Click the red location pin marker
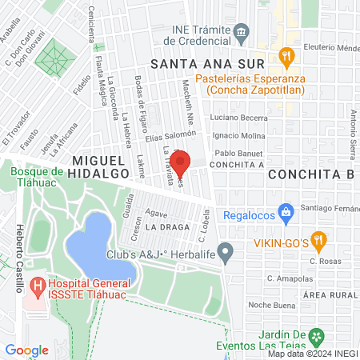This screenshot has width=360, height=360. pyautogui.click(x=181, y=162)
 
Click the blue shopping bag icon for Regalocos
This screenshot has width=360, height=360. pyautogui.click(x=286, y=214)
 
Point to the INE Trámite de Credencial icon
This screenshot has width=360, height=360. pyautogui.click(x=240, y=33)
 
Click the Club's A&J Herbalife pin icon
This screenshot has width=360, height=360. pyautogui.click(x=226, y=255)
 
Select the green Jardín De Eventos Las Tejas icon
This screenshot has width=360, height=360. pyautogui.click(x=318, y=337)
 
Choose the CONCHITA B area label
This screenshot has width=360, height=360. pyautogui.click(x=311, y=174)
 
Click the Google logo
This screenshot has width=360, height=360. pyautogui.click(x=26, y=350)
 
